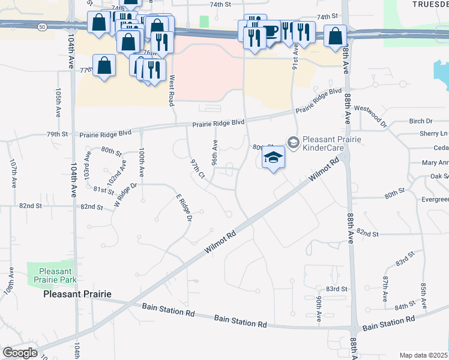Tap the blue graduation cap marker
(273, 158)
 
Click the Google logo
(20, 353)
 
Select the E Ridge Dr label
(183, 208)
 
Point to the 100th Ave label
(142, 163)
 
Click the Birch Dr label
(420, 121)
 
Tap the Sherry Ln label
(434, 133)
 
